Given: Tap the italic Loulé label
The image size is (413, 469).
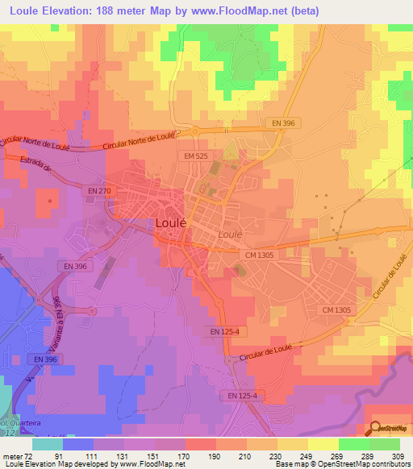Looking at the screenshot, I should click(230, 233).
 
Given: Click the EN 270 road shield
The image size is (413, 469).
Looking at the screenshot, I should click(99, 190).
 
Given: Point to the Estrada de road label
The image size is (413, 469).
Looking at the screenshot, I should click(37, 168).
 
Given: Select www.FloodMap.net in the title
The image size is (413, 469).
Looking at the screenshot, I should click(241, 11).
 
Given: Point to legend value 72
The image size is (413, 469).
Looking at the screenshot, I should click(31, 455).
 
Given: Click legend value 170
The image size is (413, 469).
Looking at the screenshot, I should click(169, 455).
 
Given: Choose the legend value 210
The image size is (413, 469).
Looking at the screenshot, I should click(232, 455).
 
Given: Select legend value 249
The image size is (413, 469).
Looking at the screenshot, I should click(293, 455).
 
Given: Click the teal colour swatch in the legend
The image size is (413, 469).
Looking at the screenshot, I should click(47, 444).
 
